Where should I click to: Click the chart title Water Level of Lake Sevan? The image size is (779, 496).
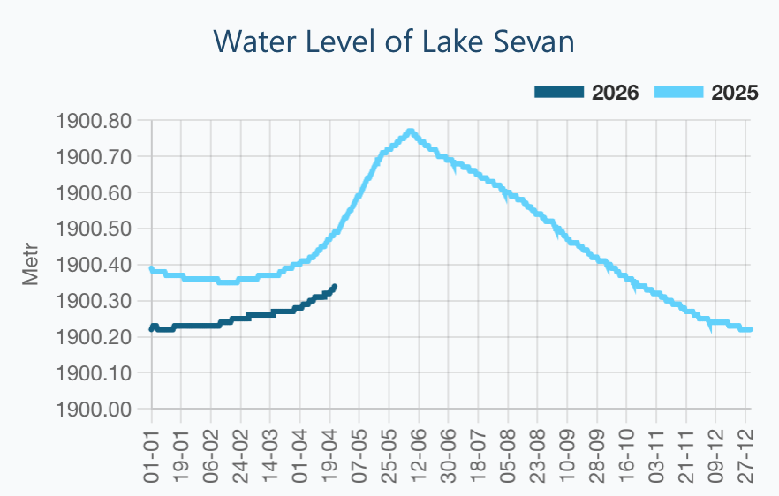click(x=394, y=41)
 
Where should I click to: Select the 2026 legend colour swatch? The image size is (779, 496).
click(x=559, y=93)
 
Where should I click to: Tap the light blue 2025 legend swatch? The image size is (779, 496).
click(x=678, y=93)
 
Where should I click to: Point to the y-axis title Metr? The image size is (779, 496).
click(x=30, y=264)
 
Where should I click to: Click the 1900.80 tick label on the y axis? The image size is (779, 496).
click(x=94, y=121)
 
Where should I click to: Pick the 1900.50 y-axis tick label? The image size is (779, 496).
click(x=94, y=229)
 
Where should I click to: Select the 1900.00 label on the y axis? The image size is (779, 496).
click(x=94, y=410)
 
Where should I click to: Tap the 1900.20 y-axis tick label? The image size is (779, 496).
click(x=94, y=337)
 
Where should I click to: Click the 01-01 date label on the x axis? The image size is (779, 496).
click(x=152, y=456)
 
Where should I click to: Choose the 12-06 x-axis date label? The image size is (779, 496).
click(x=419, y=456)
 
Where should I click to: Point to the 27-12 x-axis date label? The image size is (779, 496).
click(x=745, y=456)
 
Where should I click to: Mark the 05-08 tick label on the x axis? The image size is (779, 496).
click(x=508, y=456)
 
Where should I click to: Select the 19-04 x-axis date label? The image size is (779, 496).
click(x=330, y=456)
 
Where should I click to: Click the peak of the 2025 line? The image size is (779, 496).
click(x=411, y=132)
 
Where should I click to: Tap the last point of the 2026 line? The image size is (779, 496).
click(x=335, y=287)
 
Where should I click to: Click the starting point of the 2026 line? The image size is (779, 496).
click(x=152, y=329)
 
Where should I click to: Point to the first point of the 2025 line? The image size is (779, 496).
click(x=152, y=268)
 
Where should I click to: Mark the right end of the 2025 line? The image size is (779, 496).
click(x=750, y=329)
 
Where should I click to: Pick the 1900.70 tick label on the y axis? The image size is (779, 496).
click(x=94, y=157)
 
